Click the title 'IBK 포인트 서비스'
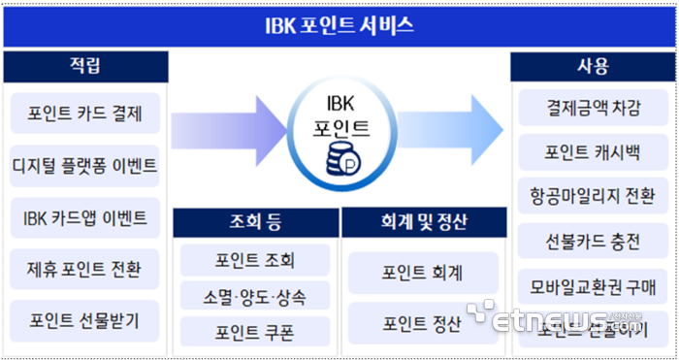pos(339,24)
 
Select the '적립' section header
pos(84,66)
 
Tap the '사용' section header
pos(592,66)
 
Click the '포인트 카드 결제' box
pos(85,115)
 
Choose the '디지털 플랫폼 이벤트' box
pos(85,165)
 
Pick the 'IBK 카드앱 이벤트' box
pos(85,217)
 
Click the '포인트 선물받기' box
pos(85,319)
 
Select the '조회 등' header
pos(256,223)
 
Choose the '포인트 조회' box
pos(255,260)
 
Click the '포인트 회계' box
pos(423,273)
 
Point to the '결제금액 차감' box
pos(593,109)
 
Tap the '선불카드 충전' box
pos(593,237)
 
